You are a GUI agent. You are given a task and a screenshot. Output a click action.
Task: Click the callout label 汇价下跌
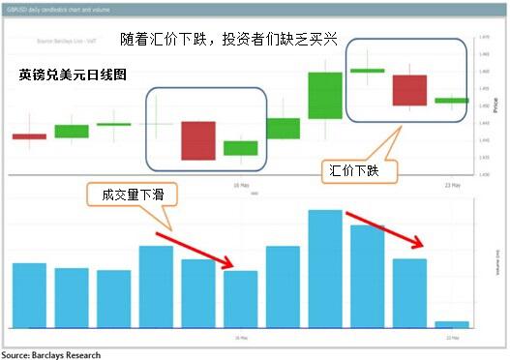coord(354,171)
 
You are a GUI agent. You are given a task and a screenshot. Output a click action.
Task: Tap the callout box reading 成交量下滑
coord(126,194)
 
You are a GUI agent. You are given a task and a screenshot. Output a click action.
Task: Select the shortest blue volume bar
coord(452,323)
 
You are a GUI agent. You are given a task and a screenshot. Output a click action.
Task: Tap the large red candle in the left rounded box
coord(197,140)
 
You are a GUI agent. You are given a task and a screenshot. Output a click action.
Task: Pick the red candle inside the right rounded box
coord(409,90)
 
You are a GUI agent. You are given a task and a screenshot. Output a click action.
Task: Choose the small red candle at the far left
coord(29,136)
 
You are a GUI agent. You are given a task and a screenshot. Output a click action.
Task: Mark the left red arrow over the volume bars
coord(195,248)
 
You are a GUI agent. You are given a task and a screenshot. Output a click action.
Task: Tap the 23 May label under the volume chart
coord(452,338)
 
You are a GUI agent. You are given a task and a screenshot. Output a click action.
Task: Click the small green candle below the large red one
coord(240,148)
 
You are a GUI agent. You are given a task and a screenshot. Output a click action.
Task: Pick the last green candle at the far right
coord(452,100)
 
